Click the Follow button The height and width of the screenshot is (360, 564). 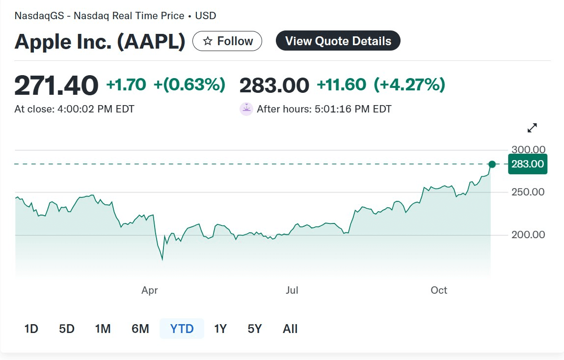(x=227, y=41)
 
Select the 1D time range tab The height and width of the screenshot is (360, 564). (x=31, y=329)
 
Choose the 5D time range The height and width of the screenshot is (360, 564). (x=66, y=329)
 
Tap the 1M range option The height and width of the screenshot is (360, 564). (x=103, y=329)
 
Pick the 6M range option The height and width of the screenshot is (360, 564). (x=140, y=329)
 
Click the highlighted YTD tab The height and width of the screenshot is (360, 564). (x=182, y=329)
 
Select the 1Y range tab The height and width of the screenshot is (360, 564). (x=220, y=329)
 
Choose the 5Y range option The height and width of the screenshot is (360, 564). (x=255, y=329)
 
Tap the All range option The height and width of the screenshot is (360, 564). (x=290, y=329)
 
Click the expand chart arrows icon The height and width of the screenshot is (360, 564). (x=532, y=128)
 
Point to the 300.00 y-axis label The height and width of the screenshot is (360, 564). (x=528, y=149)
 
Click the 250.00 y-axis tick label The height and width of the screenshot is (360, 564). (x=528, y=192)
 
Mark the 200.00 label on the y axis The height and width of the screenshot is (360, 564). (x=528, y=235)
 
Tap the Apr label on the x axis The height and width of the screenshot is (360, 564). (x=150, y=290)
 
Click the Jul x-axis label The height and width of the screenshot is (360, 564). (x=292, y=290)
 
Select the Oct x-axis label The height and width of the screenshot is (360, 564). (x=439, y=290)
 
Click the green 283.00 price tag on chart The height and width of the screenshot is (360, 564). (x=528, y=164)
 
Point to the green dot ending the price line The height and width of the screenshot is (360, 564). (x=492, y=164)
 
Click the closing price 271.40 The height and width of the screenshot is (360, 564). (x=56, y=85)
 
